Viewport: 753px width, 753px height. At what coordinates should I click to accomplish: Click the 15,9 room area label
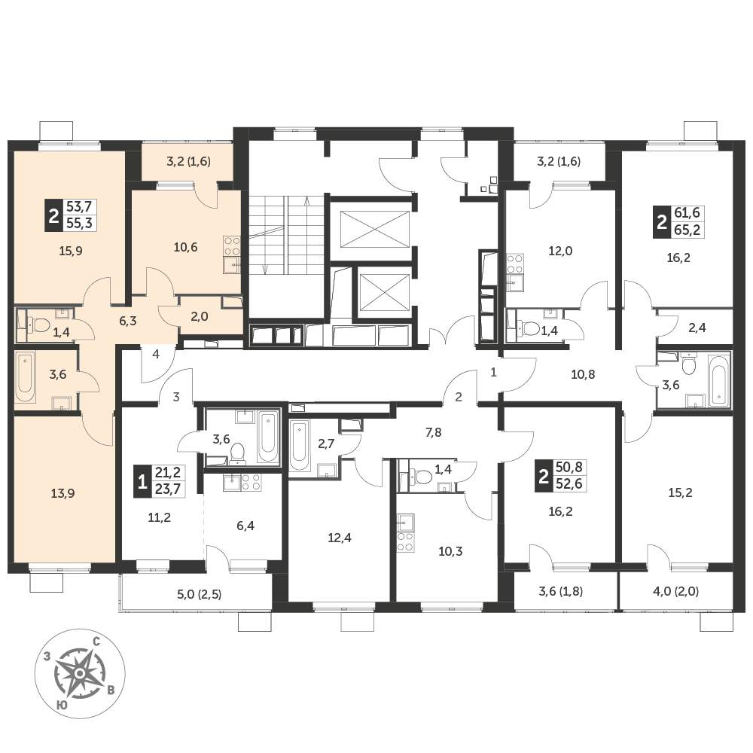click(x=71, y=251)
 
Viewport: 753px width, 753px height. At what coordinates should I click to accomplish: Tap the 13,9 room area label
click(x=63, y=493)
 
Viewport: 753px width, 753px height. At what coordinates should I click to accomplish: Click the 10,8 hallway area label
click(x=583, y=374)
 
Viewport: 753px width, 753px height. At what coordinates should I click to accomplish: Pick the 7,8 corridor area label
click(x=433, y=433)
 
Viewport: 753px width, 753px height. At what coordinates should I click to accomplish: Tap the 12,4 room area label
click(x=340, y=538)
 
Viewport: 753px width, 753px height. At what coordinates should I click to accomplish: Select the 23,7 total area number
click(x=168, y=489)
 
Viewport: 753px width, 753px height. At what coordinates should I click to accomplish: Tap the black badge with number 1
click(x=142, y=482)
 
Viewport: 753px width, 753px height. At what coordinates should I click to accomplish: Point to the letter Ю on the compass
click(x=61, y=705)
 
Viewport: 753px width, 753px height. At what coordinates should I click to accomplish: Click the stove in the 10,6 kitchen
click(x=231, y=247)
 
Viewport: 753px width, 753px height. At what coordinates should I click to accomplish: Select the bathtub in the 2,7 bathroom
click(x=299, y=447)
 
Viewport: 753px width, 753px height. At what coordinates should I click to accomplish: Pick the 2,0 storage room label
click(x=200, y=316)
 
